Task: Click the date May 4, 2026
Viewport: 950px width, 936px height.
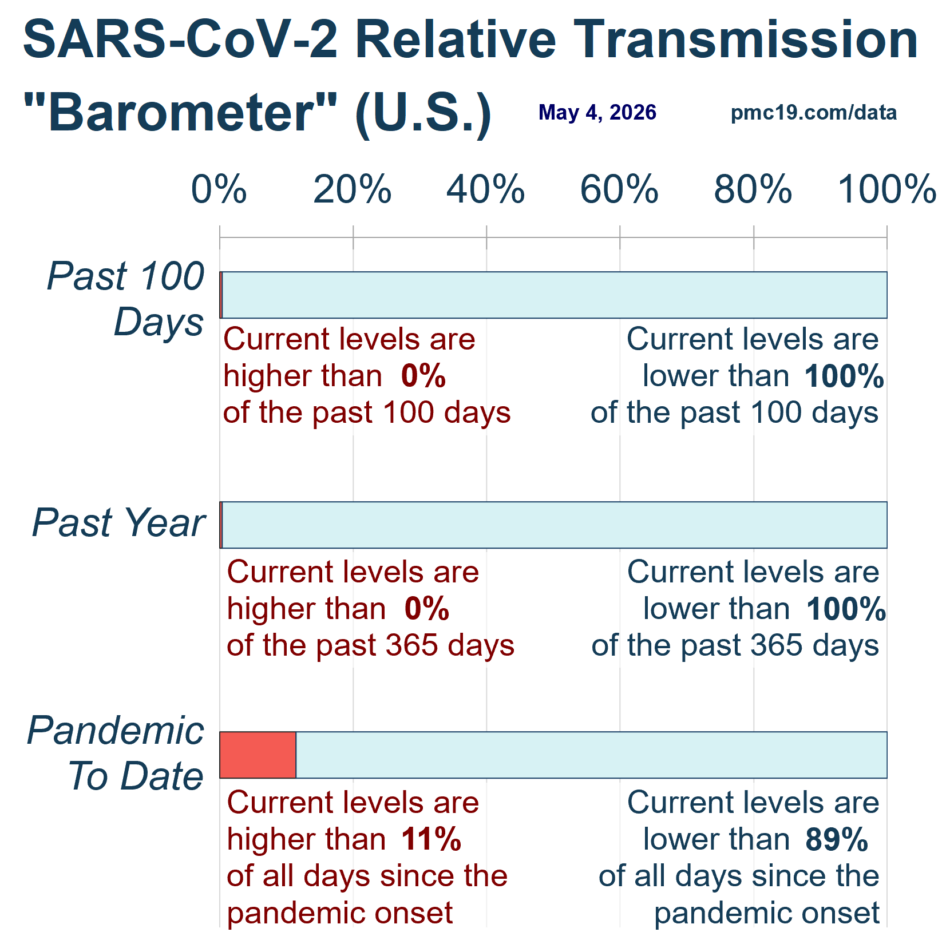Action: coord(597,113)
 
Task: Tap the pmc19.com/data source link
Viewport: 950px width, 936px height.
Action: coord(814,113)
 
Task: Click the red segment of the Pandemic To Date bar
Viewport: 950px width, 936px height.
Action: coord(258,755)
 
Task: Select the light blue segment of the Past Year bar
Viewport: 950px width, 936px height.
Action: coord(555,525)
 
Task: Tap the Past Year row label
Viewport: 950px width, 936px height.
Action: coord(118,523)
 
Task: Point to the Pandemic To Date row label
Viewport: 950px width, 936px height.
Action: coord(116,753)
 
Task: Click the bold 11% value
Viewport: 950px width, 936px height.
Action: coord(431,839)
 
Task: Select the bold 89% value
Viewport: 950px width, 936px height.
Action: coord(837,839)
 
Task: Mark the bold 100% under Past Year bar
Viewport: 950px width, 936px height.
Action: coord(846,609)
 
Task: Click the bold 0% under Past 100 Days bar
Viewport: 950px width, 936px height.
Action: coord(423,376)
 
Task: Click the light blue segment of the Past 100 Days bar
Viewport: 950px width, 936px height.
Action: coord(555,295)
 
